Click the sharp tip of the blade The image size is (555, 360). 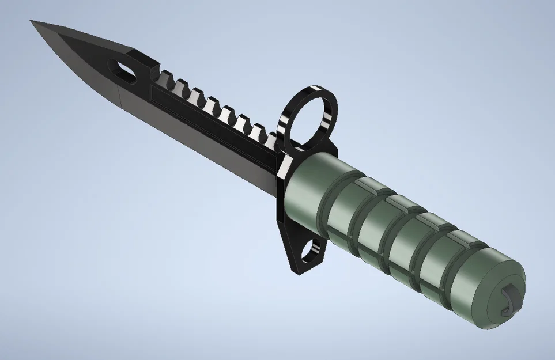[x=32, y=22]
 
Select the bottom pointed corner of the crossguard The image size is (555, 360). [x=298, y=271]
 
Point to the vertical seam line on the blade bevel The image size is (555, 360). [x=119, y=98]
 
